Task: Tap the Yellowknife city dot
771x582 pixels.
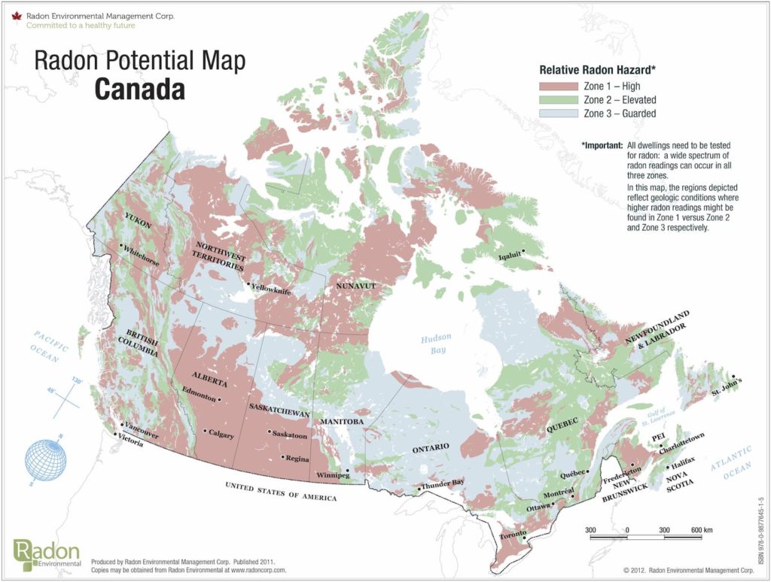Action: click(x=249, y=283)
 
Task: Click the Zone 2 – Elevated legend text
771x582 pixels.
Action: click(x=619, y=99)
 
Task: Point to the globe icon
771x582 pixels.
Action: click(x=48, y=463)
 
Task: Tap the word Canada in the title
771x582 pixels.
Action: click(x=139, y=89)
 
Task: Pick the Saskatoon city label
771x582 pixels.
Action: click(x=290, y=435)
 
